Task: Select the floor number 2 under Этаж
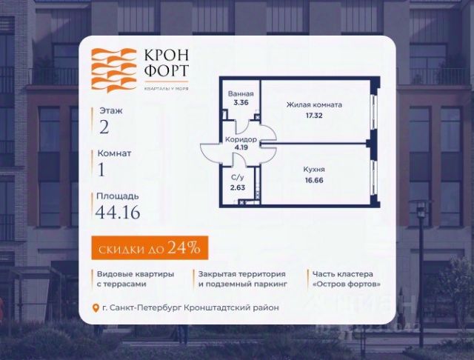pyautogui.click(x=104, y=127)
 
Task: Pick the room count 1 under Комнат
pyautogui.click(x=102, y=170)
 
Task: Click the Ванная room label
pyautogui.click(x=241, y=94)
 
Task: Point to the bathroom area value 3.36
pyautogui.click(x=241, y=103)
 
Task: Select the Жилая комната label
pyautogui.click(x=313, y=105)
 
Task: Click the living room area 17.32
pyautogui.click(x=313, y=116)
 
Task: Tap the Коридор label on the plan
pyautogui.click(x=241, y=139)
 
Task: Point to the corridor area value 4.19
pyautogui.click(x=241, y=147)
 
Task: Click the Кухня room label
pyautogui.click(x=314, y=170)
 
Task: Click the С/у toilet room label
pyautogui.click(x=238, y=179)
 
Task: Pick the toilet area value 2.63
pyautogui.click(x=238, y=187)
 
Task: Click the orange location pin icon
pyautogui.click(x=94, y=308)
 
